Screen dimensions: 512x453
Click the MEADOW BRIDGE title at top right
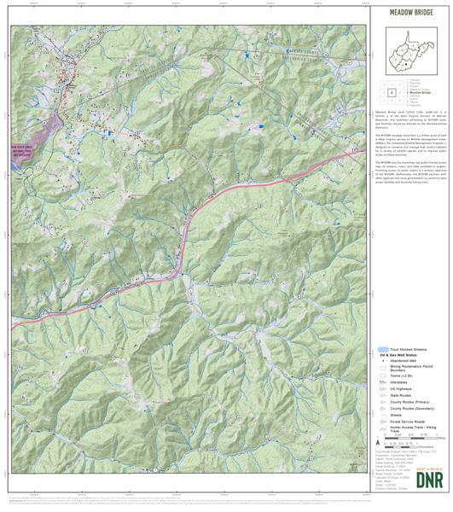[410, 14]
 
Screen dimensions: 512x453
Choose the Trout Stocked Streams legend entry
[406, 349]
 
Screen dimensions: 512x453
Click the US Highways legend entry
[403, 389]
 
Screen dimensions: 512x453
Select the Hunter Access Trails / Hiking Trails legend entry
[412, 431]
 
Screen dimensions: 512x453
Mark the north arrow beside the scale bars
[376, 444]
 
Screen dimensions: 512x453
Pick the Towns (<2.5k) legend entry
[402, 376]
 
